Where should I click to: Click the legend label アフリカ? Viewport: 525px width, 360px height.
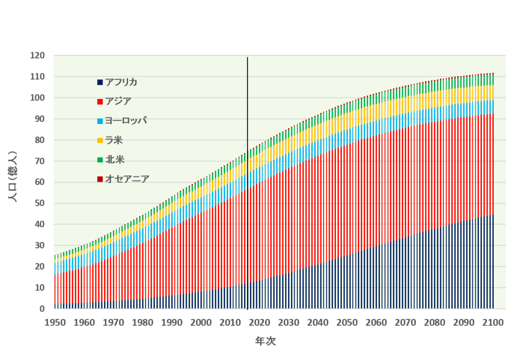click(x=121, y=82)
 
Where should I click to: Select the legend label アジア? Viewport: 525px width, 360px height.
click(x=117, y=101)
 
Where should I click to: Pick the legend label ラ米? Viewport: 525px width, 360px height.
click(x=114, y=140)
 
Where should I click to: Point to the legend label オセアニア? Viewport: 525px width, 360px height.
click(x=127, y=179)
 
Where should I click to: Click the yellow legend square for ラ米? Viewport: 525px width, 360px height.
click(x=100, y=141)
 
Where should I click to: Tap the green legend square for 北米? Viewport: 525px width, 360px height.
click(x=100, y=160)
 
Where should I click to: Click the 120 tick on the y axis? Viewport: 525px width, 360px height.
click(x=38, y=55)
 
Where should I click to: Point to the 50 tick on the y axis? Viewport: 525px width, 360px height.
click(x=40, y=203)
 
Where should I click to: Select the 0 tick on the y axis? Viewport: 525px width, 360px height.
click(x=43, y=309)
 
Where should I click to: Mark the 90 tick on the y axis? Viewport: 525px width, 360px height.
click(x=40, y=118)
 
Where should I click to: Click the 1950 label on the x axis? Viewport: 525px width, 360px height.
click(x=55, y=323)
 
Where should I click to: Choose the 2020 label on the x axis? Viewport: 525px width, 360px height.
click(x=260, y=323)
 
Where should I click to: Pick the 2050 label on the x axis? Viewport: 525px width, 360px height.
click(x=348, y=323)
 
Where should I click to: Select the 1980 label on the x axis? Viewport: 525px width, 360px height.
click(x=143, y=323)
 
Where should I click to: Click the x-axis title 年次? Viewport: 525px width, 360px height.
click(x=265, y=341)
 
